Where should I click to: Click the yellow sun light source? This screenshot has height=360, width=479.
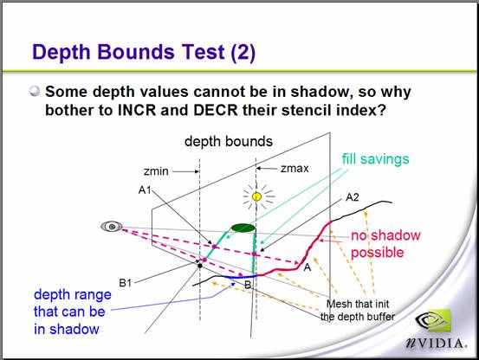(x=257, y=196)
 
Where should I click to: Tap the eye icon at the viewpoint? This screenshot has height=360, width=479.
(x=112, y=227)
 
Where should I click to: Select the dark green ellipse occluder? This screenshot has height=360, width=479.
(x=243, y=228)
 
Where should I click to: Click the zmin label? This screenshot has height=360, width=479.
(x=156, y=171)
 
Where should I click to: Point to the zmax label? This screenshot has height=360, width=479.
(x=295, y=168)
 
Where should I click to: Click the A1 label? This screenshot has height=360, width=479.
(x=145, y=190)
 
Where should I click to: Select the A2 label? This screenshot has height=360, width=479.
(x=353, y=197)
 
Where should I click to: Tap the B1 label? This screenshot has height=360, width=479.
(x=125, y=283)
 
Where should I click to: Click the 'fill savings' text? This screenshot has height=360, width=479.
(x=375, y=159)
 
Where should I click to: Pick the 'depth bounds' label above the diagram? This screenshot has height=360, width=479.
(x=229, y=141)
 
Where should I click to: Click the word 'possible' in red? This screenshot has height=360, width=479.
(x=378, y=253)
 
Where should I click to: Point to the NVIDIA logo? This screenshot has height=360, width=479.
(x=437, y=329)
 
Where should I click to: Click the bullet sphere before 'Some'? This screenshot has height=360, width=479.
(x=35, y=91)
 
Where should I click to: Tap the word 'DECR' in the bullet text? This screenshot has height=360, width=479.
(x=216, y=110)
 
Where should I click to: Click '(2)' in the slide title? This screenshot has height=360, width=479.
(x=243, y=52)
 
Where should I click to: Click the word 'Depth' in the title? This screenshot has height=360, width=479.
(x=61, y=52)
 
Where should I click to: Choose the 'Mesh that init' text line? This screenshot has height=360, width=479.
(x=358, y=304)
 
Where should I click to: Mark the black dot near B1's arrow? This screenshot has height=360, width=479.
(x=200, y=266)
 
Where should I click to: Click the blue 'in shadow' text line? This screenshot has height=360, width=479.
(x=67, y=329)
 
